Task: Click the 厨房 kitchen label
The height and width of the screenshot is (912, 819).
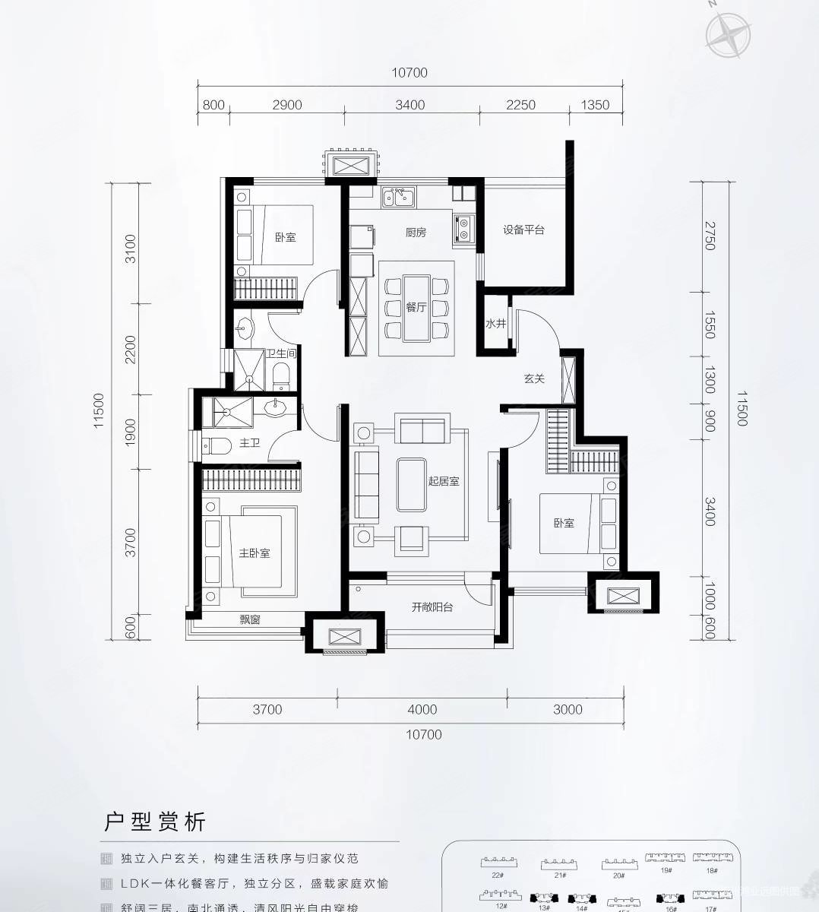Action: (x=415, y=233)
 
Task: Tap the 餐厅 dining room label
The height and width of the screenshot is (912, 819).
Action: (x=416, y=307)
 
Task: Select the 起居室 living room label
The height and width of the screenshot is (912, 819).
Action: (x=443, y=481)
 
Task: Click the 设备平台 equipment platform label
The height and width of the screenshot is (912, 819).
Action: (x=523, y=230)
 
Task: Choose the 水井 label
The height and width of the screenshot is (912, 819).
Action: (x=495, y=324)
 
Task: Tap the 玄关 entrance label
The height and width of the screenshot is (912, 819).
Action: (x=534, y=378)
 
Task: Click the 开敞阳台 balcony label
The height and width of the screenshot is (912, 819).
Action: (x=432, y=606)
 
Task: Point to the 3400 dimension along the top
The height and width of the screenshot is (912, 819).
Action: (x=410, y=105)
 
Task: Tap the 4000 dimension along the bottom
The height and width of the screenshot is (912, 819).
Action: (x=422, y=709)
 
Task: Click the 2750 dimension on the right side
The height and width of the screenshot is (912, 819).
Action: (x=710, y=236)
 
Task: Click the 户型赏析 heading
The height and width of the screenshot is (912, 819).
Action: (x=155, y=822)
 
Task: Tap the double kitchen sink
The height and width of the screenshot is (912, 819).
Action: (x=399, y=198)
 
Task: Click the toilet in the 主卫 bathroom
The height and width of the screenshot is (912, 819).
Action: (x=214, y=445)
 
